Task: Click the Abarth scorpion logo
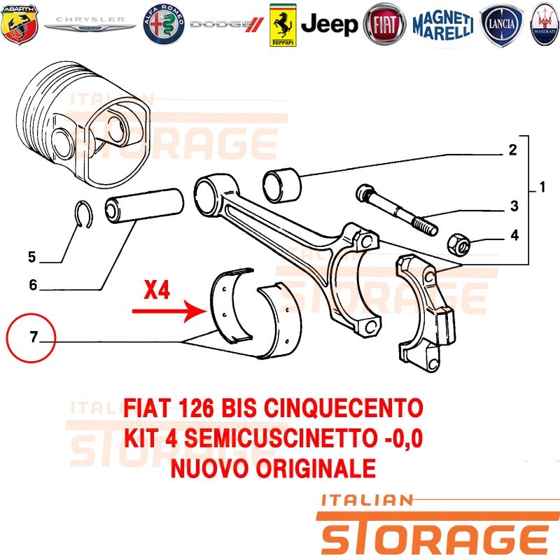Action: point(20,24)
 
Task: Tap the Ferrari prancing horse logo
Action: point(283,25)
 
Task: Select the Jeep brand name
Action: point(329,24)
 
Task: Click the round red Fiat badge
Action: point(384,24)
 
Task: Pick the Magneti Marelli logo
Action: point(443,25)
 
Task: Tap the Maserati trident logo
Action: point(545,24)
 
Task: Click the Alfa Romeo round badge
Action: point(164,24)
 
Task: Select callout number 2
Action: point(512,150)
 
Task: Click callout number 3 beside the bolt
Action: point(514,206)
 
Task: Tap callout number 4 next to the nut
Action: point(514,235)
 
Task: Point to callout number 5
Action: point(32,257)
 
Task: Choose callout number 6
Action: point(33,285)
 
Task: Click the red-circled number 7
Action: point(34,337)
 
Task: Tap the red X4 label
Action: point(157,290)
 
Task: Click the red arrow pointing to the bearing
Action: point(169,311)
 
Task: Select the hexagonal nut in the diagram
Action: point(459,244)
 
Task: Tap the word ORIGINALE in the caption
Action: point(316,468)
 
